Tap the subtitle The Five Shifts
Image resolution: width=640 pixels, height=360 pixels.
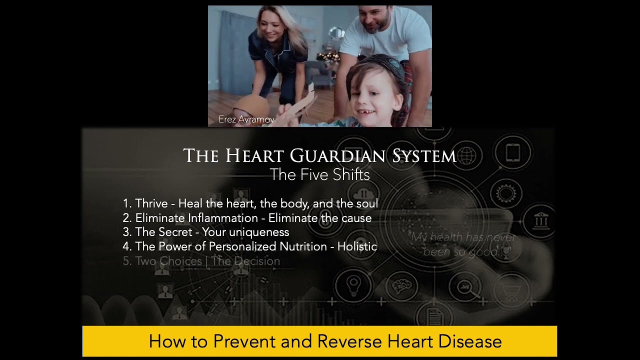[319, 174]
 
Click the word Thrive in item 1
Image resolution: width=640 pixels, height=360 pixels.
[151, 203]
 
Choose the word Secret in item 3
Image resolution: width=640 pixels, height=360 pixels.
[175, 232]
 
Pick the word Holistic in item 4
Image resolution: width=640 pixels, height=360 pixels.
[357, 246]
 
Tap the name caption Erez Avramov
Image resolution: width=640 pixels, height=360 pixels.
[246, 119]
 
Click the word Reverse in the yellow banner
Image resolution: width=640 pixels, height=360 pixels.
[349, 341]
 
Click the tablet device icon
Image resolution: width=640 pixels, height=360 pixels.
[513, 152]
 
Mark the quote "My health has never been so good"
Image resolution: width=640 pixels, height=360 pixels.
[462, 244]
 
